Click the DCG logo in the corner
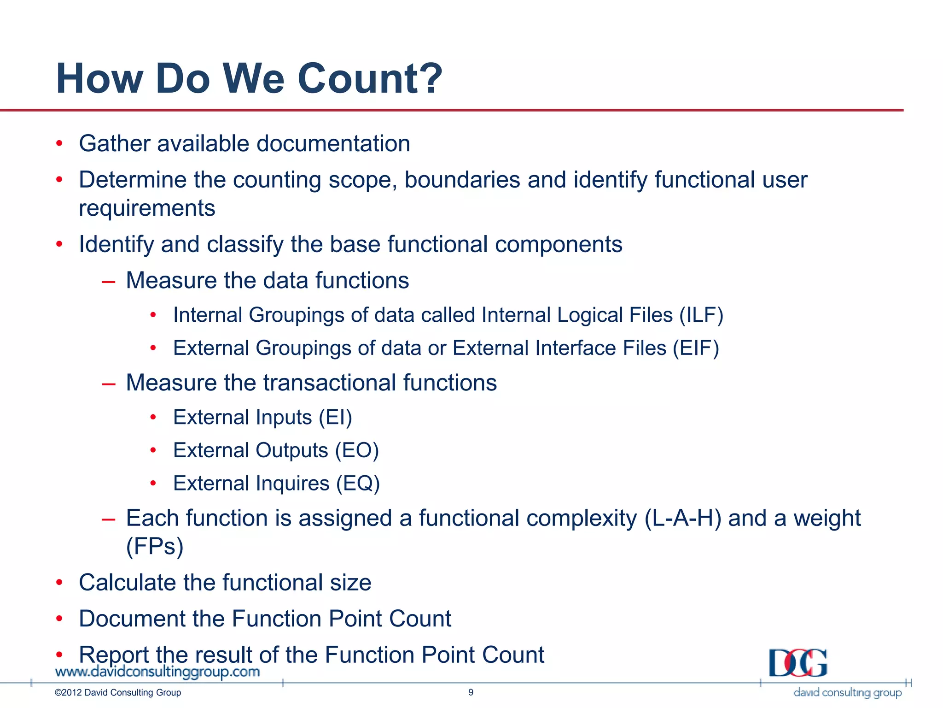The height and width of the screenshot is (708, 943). point(798,663)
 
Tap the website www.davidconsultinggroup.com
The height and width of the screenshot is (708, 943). point(157,672)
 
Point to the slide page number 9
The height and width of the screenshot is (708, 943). point(471,692)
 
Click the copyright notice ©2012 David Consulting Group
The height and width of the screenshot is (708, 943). point(118,692)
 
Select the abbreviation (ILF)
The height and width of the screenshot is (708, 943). point(701,315)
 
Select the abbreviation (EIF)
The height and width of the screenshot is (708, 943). point(696,348)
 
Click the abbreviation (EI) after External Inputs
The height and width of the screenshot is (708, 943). point(335,418)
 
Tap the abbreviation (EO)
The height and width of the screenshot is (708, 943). point(357,450)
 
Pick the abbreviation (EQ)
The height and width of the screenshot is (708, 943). point(358,484)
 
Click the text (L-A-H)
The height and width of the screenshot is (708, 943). point(683,518)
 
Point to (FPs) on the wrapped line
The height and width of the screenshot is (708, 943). point(155,547)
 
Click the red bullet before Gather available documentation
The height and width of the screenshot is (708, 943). point(59,143)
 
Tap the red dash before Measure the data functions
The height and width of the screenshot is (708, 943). point(109,281)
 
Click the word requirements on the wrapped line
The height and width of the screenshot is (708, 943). point(147,208)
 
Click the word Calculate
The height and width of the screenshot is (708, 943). point(128,583)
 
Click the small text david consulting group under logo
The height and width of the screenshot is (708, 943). point(847,692)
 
